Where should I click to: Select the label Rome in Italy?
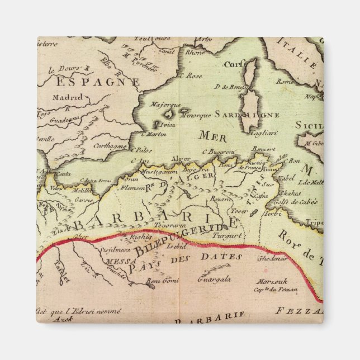[285, 81]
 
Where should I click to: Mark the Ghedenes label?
[272, 258]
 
